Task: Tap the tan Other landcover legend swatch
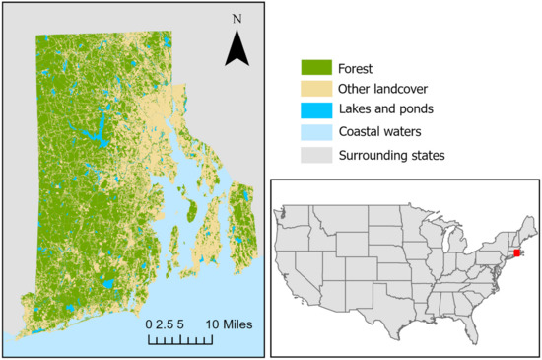pyautogui.click(x=315, y=92)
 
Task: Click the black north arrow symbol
pyautogui.click(x=237, y=49)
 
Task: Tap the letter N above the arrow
pyautogui.click(x=237, y=20)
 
